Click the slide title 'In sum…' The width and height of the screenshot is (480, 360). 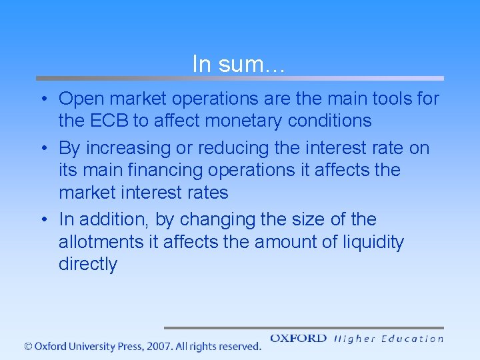tap(239, 65)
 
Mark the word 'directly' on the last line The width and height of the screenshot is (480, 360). tap(88, 265)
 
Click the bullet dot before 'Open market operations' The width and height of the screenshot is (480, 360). tap(42, 100)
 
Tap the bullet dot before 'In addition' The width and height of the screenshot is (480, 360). tap(42, 220)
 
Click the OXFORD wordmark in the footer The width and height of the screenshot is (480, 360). tap(298, 339)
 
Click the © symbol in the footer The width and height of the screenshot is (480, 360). tap(28, 347)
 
